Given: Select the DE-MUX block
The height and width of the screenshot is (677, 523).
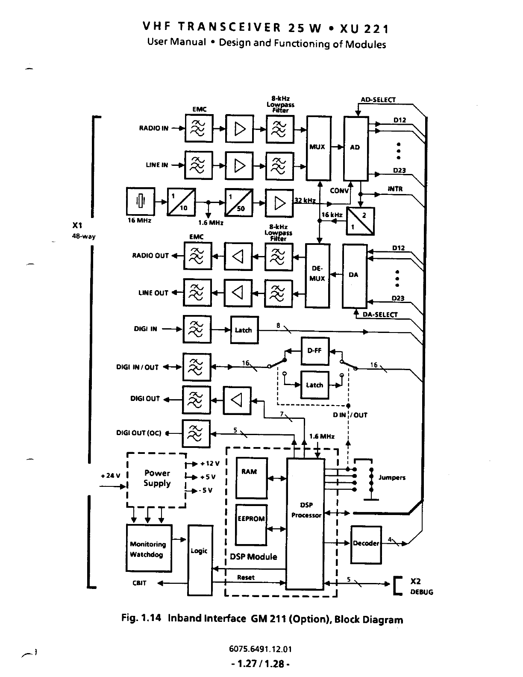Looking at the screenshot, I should (317, 275).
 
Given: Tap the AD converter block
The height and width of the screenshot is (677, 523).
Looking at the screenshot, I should (356, 148).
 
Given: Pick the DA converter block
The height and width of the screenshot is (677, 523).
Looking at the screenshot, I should (355, 275).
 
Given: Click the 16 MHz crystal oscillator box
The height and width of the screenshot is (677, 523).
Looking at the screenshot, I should (141, 201).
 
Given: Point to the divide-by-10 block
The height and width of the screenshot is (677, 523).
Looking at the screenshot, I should (181, 202).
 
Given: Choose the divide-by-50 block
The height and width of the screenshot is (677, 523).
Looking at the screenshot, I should (239, 202).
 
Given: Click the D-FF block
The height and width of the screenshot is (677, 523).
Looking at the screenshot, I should (315, 351).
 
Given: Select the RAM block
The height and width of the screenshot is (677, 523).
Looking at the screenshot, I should (251, 478).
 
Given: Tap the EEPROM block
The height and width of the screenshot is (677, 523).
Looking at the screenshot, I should (251, 524).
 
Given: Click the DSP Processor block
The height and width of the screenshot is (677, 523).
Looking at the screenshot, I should (305, 524).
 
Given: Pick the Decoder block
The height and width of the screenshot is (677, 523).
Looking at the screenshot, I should (366, 544).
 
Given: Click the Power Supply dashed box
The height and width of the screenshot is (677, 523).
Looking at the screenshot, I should (157, 479).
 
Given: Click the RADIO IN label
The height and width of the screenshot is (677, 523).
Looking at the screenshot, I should (154, 128).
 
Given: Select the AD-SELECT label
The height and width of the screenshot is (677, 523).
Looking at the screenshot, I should (378, 100).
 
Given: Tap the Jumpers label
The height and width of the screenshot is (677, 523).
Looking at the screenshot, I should (392, 478).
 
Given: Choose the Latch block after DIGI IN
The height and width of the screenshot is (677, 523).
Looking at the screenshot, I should (244, 330).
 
